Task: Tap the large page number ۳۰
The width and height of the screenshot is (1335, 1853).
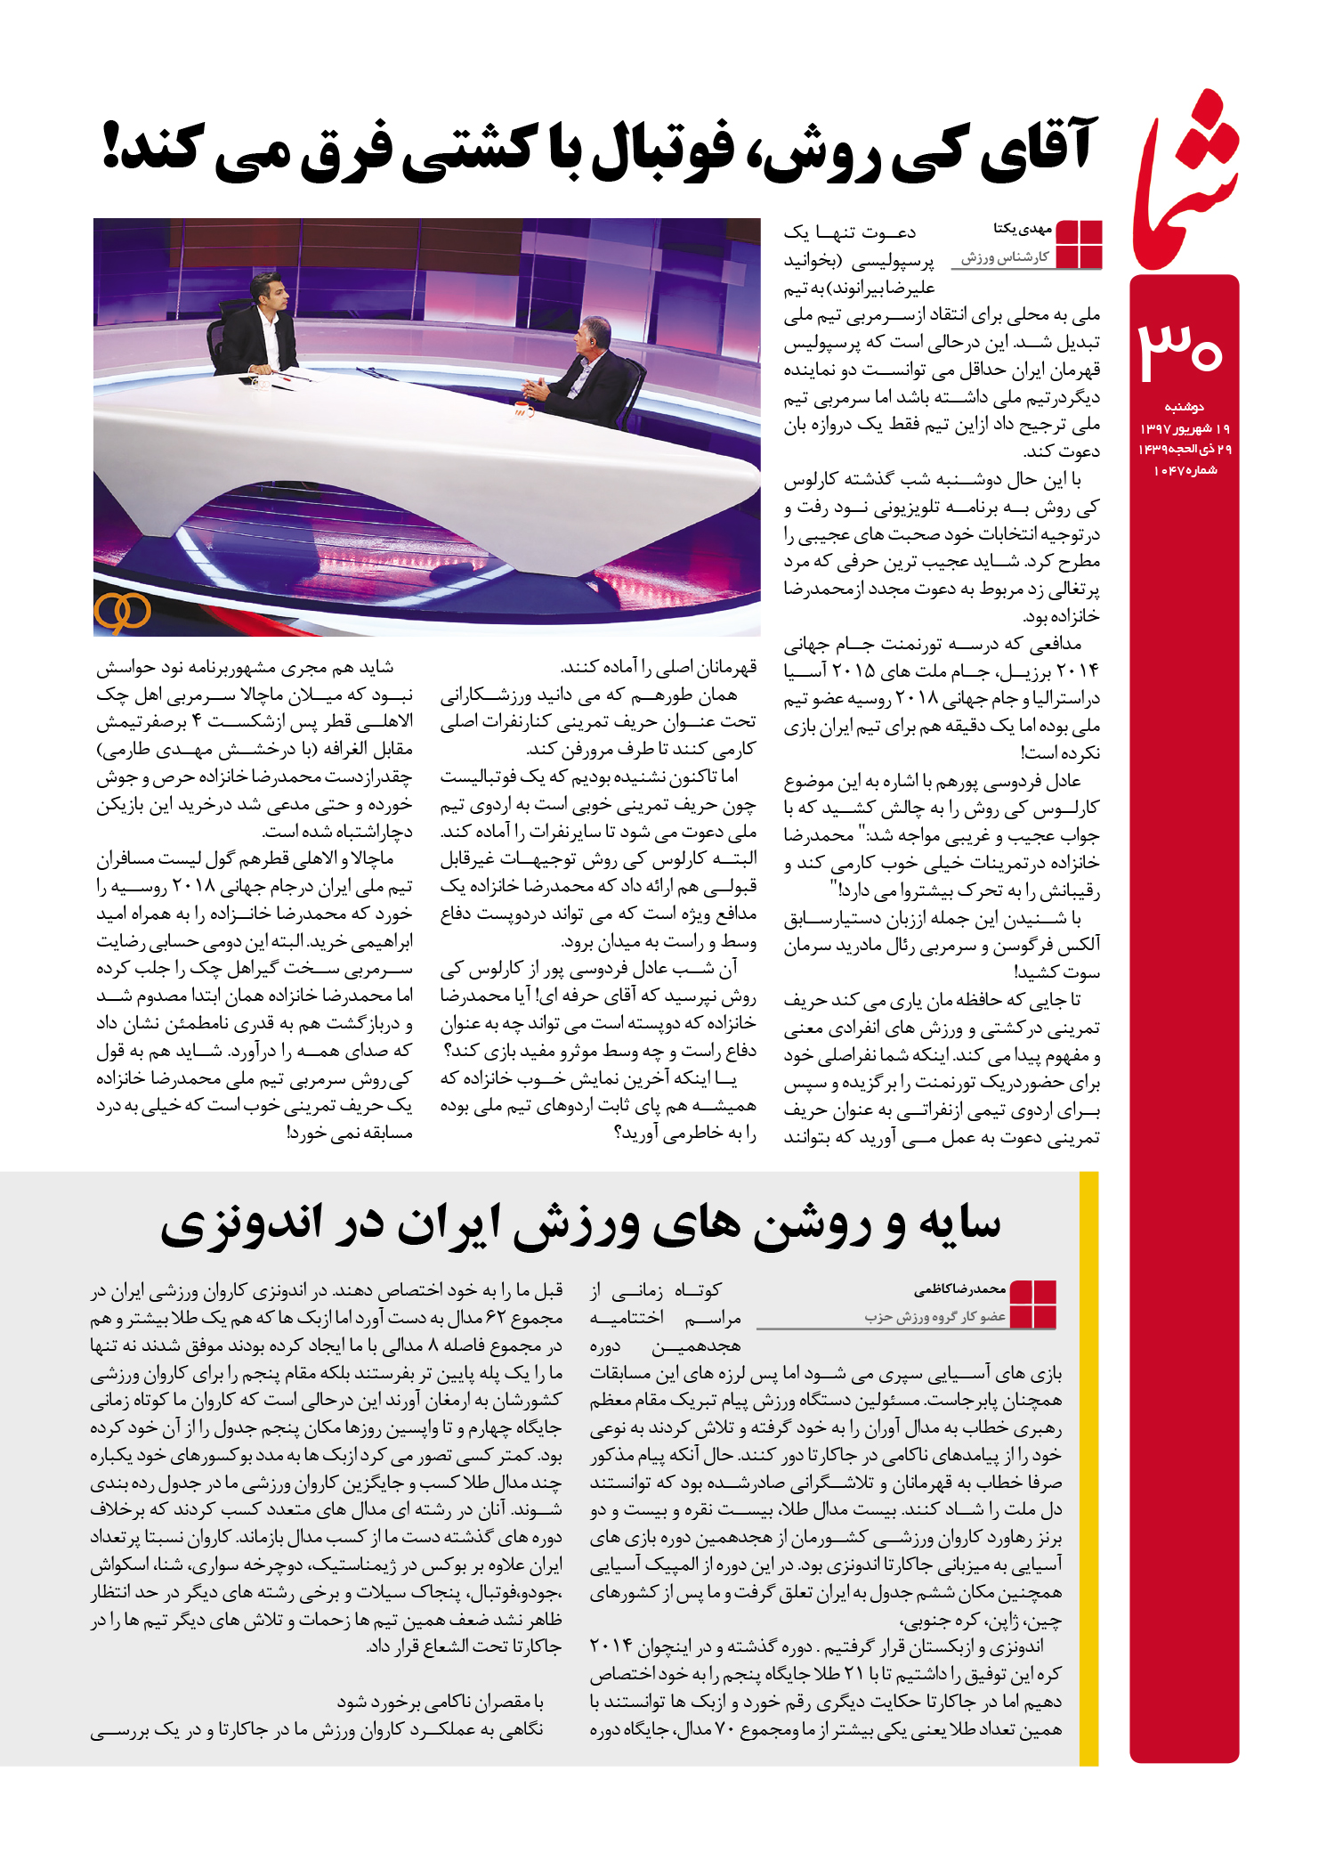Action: click(x=1181, y=349)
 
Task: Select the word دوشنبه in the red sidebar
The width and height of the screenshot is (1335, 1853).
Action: click(x=1184, y=408)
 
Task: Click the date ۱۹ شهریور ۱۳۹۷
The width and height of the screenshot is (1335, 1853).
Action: click(x=1185, y=429)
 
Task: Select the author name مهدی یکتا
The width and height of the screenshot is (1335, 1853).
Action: click(x=1023, y=229)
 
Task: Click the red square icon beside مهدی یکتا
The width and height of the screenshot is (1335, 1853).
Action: click(x=1079, y=244)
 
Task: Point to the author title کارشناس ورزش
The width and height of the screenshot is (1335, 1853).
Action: click(x=1005, y=257)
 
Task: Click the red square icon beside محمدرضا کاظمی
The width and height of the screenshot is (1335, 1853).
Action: click(x=1033, y=1304)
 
